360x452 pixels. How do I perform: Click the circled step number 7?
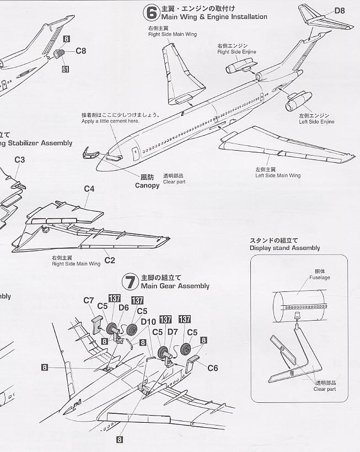(130, 282)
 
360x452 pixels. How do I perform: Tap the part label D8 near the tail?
(339, 10)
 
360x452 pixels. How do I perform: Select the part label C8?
(80, 51)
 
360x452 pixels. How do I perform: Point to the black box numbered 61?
(66, 69)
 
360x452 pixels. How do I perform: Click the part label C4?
(89, 189)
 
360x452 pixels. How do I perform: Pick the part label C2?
(109, 260)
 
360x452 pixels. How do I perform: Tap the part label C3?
(20, 159)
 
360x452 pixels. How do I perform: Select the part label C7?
(89, 300)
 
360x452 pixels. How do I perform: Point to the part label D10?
(148, 322)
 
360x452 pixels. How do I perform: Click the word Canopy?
(147, 185)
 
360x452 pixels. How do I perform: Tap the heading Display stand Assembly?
(284, 248)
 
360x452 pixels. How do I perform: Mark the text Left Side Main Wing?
(277, 176)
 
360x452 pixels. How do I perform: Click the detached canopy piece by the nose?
(90, 153)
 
